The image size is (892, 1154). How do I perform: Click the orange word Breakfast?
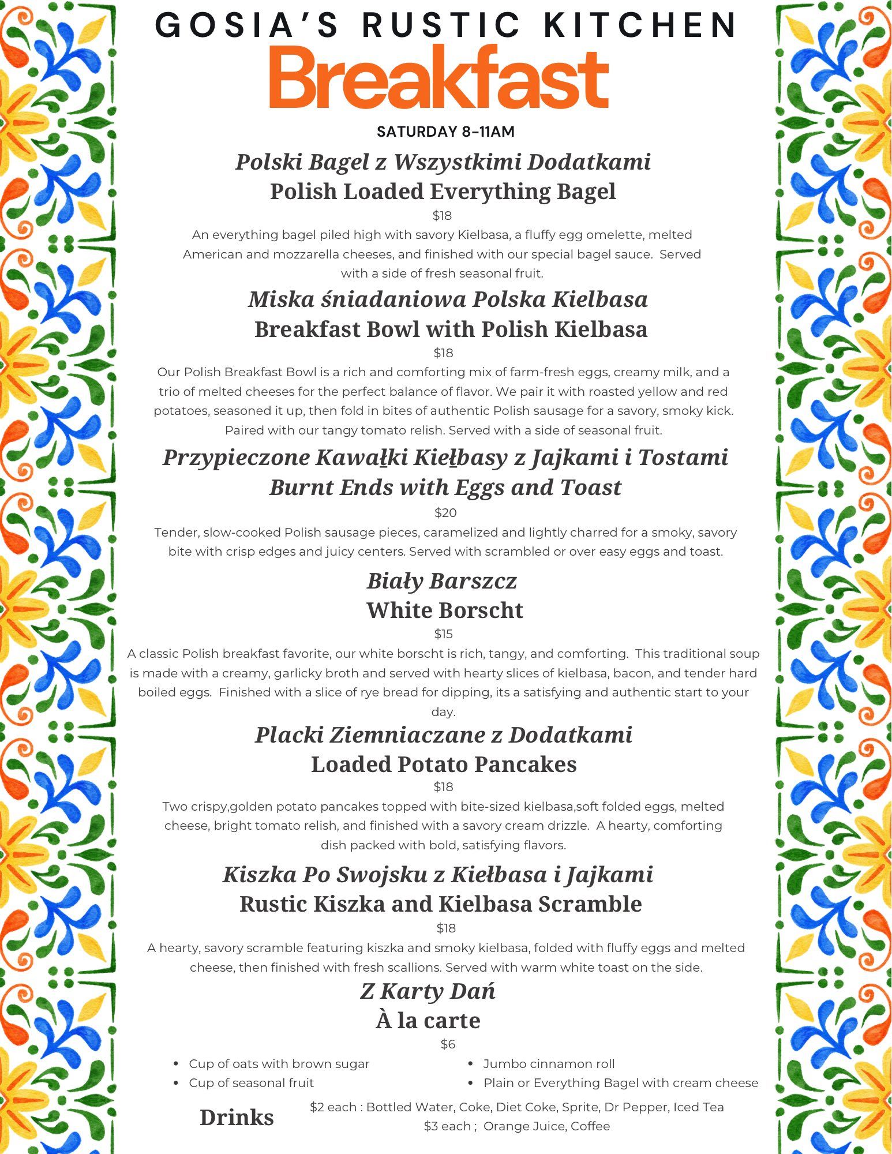438,78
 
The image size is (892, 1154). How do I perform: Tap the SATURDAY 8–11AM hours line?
445,132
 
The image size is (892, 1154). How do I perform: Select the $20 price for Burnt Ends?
445,512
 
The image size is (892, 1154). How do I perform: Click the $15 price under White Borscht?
443,634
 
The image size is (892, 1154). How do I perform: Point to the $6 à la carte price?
448,1044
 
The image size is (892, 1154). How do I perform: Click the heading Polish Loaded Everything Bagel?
443,192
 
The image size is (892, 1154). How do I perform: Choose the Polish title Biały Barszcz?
441,580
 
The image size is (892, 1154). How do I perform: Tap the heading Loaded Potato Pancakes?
444,764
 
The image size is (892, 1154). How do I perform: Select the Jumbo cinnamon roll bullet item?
549,1063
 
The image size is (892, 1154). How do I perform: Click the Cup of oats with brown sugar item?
279,1063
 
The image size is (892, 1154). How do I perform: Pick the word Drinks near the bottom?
237,1117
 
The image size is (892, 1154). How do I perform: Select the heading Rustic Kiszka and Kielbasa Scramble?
440,904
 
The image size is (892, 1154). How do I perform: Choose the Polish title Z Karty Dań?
428,991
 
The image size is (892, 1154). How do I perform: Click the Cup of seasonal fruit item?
251,1082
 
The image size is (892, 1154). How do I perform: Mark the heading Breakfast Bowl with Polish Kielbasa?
451,329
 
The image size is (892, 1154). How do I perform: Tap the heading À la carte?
428,1020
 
